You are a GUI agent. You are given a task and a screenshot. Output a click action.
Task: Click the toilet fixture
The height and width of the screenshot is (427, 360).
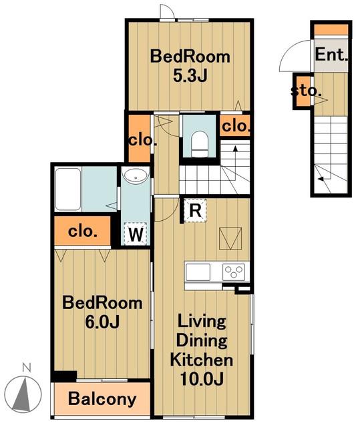click(200, 144)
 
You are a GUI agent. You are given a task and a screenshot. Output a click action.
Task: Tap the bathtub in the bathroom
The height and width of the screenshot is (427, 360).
click(68, 189)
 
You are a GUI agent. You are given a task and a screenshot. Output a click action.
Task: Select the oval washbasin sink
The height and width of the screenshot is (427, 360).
click(136, 175)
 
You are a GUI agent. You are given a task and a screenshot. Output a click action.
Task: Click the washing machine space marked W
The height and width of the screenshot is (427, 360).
click(136, 234)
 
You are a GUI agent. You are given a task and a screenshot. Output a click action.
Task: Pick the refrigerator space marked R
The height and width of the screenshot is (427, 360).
click(195, 211)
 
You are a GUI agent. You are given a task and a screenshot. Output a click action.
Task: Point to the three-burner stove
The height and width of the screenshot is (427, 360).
click(234, 272)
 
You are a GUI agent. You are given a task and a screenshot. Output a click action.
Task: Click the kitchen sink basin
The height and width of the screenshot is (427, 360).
click(198, 272)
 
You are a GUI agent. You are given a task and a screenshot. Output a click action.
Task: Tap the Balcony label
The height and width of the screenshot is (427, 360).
click(102, 399)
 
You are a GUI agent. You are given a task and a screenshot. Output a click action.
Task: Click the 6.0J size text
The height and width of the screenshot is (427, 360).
click(102, 322)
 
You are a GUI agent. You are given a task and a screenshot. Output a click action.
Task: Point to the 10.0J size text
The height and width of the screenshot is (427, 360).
click(202, 378)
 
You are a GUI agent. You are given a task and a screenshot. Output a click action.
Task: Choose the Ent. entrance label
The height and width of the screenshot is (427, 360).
click(331, 55)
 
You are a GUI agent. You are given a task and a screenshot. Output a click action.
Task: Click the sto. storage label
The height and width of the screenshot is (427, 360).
click(306, 91)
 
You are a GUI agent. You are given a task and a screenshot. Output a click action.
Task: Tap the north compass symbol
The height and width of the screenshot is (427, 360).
click(23, 394)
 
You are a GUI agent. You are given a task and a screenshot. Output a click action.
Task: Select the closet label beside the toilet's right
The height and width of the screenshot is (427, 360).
click(236, 126)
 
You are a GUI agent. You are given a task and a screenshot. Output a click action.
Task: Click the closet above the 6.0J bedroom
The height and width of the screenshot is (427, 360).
click(83, 232)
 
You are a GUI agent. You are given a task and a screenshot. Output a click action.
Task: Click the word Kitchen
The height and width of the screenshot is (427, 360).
click(202, 360)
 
